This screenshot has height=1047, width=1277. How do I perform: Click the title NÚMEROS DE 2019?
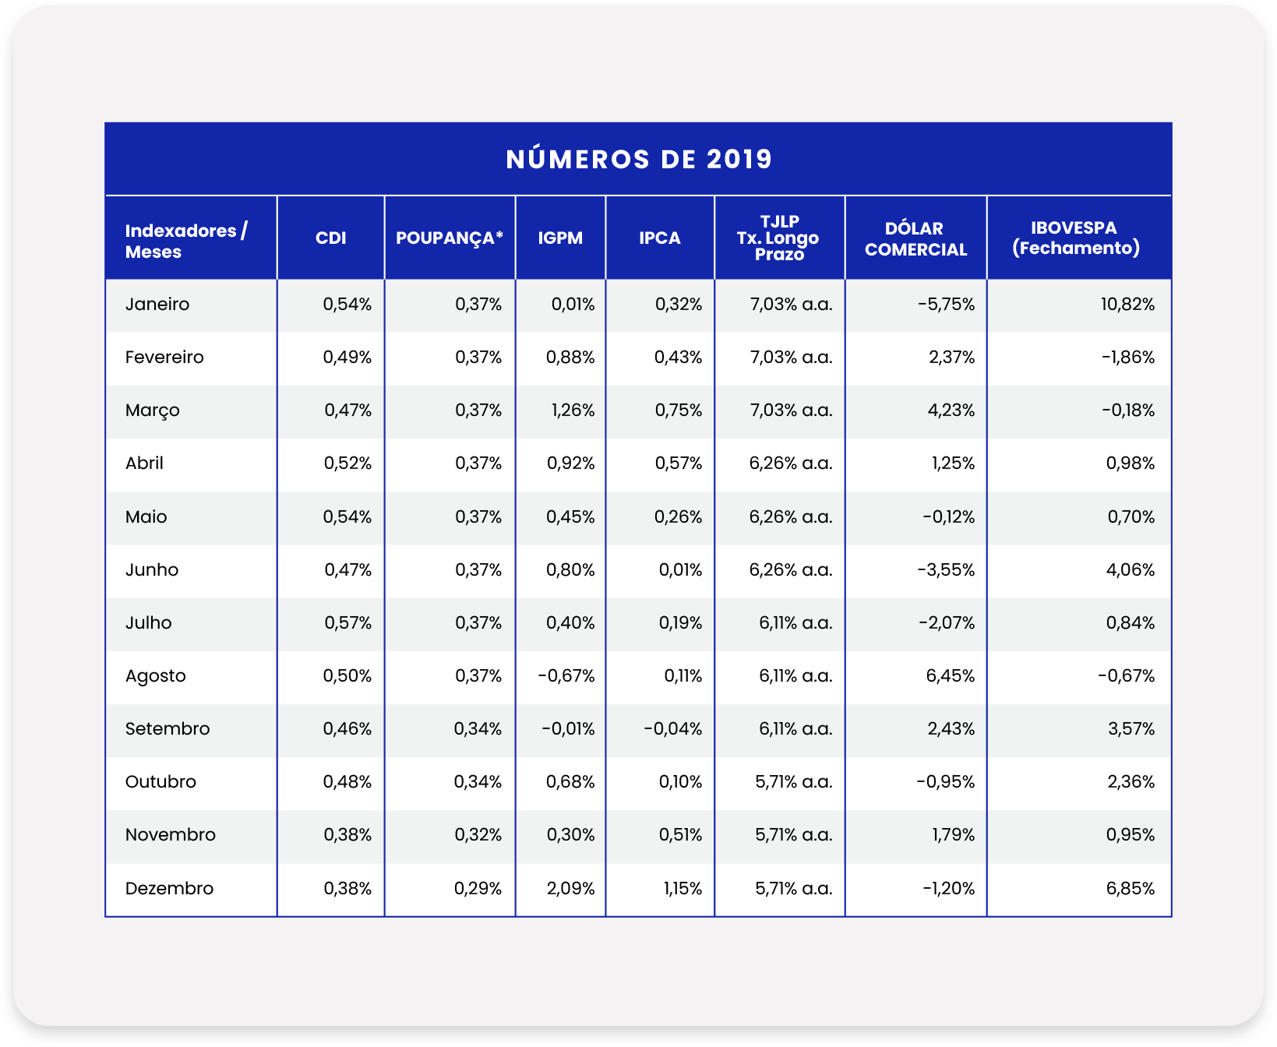pyautogui.click(x=639, y=159)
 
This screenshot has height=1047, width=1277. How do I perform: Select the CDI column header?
pyautogui.click(x=330, y=238)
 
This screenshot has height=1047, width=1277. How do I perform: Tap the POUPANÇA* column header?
pyautogui.click(x=450, y=238)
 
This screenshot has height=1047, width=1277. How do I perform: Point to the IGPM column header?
pyautogui.click(x=560, y=238)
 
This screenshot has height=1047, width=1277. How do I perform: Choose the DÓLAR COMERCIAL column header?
pyautogui.click(x=915, y=239)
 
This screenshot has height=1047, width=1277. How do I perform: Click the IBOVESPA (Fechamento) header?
pyautogui.click(x=1075, y=238)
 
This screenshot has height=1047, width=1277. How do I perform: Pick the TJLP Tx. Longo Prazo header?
pyautogui.click(x=778, y=238)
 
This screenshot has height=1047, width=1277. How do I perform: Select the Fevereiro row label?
pyautogui.click(x=164, y=358)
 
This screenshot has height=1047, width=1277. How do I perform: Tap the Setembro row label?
pyautogui.click(x=168, y=729)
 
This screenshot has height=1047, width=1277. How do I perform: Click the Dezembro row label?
pyautogui.click(x=169, y=889)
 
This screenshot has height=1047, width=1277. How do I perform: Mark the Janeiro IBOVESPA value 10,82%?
pyautogui.click(x=1127, y=305)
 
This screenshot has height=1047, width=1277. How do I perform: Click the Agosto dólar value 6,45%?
pyautogui.click(x=950, y=676)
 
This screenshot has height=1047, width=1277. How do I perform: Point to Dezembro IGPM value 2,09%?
pyautogui.click(x=570, y=889)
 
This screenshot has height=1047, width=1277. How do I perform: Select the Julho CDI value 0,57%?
pyautogui.click(x=347, y=623)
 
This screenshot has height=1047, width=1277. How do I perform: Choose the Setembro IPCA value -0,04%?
pyautogui.click(x=672, y=729)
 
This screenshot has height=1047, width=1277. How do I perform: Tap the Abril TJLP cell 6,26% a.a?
pyautogui.click(x=791, y=464)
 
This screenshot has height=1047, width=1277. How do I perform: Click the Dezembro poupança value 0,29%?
pyautogui.click(x=478, y=889)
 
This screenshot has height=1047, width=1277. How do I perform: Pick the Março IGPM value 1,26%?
pyautogui.click(x=573, y=411)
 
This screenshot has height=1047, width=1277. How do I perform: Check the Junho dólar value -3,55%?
pyautogui.click(x=946, y=570)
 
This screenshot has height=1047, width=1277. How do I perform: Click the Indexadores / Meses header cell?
pyautogui.click(x=186, y=241)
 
